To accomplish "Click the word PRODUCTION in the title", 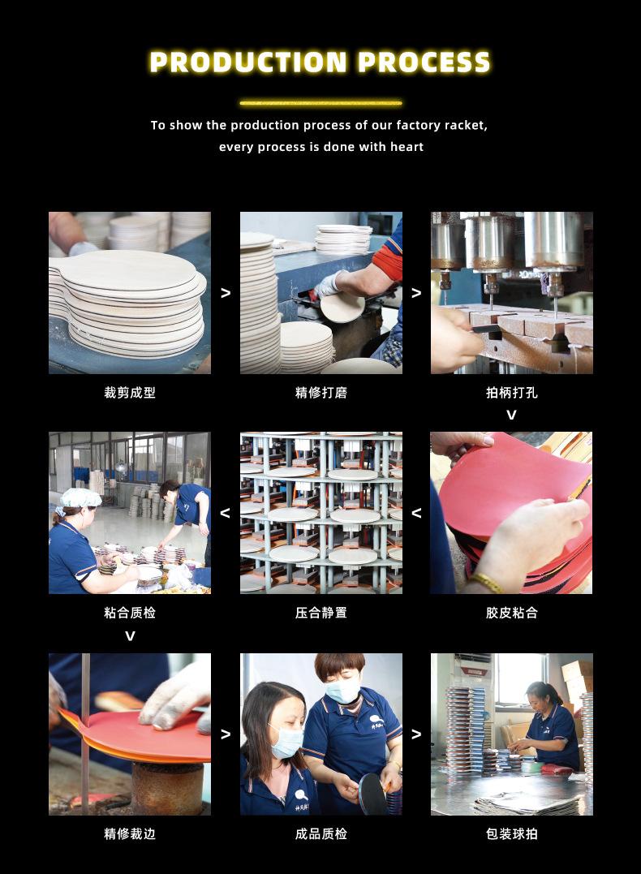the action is [x=248, y=62].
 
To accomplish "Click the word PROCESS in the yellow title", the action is [x=424, y=62].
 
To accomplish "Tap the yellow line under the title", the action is [x=320, y=103].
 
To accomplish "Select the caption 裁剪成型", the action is [x=130, y=393].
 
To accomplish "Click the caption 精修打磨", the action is [x=321, y=393].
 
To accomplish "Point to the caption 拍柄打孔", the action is [x=512, y=393].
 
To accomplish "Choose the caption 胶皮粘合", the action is [x=512, y=613].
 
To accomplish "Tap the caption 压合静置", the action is [x=321, y=613].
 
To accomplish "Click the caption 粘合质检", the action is [x=130, y=613].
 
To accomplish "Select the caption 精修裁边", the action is [x=130, y=834].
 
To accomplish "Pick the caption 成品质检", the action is [x=321, y=834].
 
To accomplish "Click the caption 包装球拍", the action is [x=512, y=834].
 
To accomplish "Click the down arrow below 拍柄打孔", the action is [x=511, y=415].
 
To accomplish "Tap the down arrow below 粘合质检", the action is [x=130, y=636].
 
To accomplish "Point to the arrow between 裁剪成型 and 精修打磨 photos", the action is [x=226, y=293].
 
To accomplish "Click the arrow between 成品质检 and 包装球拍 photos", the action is [x=415, y=734].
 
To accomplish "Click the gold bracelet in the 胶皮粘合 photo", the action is [x=487, y=583].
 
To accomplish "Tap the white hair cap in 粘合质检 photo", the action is [x=80, y=497].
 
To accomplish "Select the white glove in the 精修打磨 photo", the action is [x=327, y=285].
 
